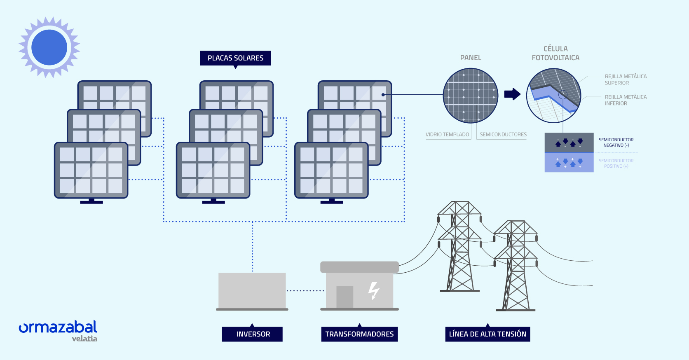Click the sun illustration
tap(49, 47)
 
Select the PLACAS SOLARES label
tap(235, 58)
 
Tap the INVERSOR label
tap(253, 334)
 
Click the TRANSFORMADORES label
tap(359, 334)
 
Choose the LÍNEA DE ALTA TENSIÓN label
tap(487, 334)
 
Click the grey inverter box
tap(252, 290)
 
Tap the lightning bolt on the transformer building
tap(374, 290)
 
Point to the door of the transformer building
tap(345, 297)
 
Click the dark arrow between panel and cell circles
tap(512, 94)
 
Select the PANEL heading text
tap(471, 58)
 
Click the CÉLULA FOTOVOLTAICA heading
tap(555, 54)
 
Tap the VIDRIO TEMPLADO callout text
tap(447, 135)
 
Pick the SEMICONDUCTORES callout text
tap(503, 135)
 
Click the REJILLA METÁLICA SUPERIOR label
tap(625, 79)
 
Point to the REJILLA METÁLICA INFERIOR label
tap(625, 100)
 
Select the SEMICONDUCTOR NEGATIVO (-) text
tap(616, 143)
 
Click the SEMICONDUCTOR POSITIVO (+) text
tap(616, 164)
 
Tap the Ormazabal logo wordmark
tap(58, 327)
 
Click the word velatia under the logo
tap(84, 339)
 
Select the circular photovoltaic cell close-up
tap(553, 96)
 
